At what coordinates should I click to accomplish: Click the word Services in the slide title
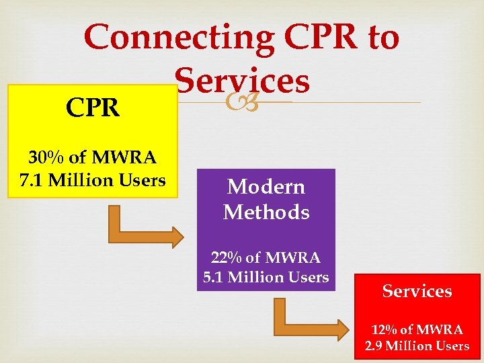243,81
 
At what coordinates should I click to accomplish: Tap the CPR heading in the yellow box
93,108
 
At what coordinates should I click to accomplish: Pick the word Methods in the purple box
266,212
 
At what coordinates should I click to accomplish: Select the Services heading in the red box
417,291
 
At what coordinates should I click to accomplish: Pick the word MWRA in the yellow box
123,158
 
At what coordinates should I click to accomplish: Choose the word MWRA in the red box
440,329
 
